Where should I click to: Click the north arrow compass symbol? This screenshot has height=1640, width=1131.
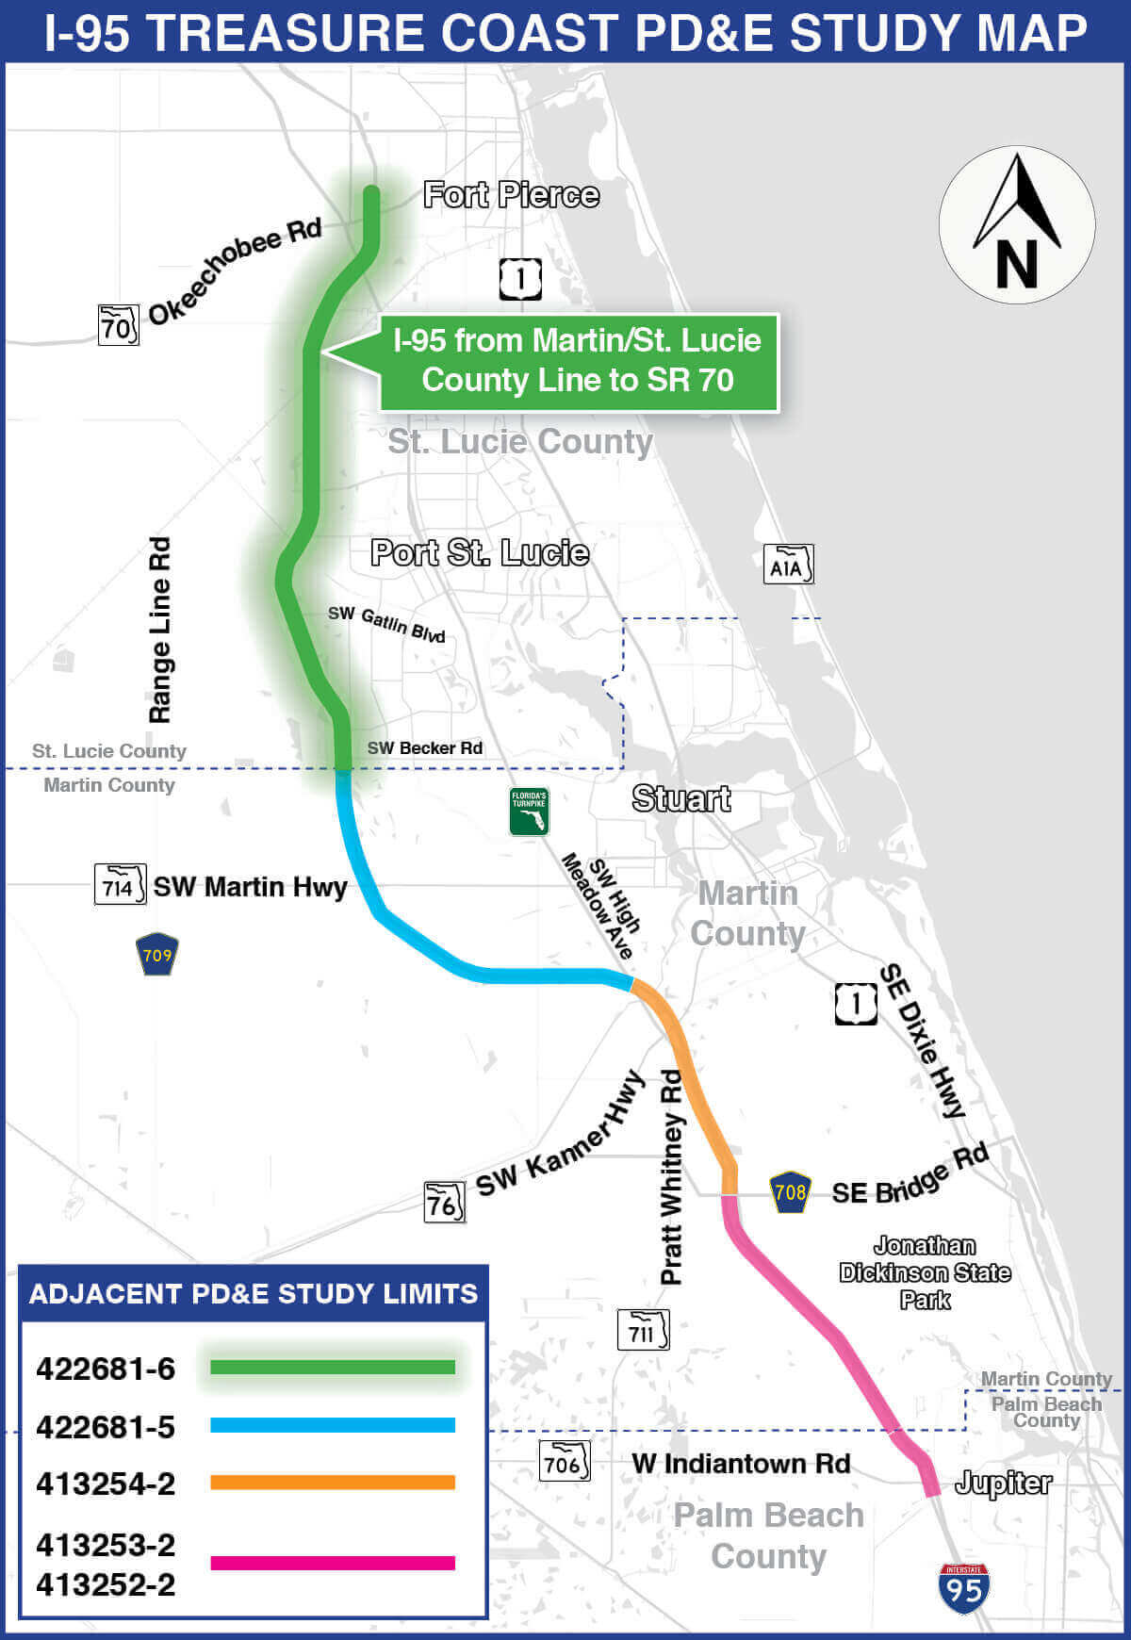(x=1016, y=224)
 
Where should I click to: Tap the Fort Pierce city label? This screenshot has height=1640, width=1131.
(x=511, y=195)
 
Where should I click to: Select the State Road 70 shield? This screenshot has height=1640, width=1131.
(x=119, y=325)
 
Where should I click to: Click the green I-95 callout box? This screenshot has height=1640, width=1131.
(x=578, y=362)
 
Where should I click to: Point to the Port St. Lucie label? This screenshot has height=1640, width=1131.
(x=480, y=552)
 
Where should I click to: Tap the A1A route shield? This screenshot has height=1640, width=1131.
(x=787, y=565)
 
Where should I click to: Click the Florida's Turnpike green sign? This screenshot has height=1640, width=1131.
(x=529, y=812)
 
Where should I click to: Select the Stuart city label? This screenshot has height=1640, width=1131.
(x=680, y=798)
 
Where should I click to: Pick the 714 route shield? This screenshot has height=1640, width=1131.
(x=120, y=885)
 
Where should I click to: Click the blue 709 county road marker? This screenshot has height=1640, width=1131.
(x=156, y=954)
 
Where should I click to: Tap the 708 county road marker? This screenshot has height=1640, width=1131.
(x=790, y=1192)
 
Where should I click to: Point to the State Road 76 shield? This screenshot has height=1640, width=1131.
(x=444, y=1203)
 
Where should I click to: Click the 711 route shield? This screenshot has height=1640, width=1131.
(x=643, y=1331)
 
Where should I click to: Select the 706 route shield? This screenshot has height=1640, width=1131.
(x=564, y=1462)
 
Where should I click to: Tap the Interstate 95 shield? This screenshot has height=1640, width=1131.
(x=963, y=1588)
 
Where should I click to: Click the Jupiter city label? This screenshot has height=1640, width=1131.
(x=1003, y=1484)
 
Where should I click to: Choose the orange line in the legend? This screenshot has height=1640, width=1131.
(x=332, y=1483)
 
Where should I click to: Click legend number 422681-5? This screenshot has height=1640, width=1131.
(x=106, y=1427)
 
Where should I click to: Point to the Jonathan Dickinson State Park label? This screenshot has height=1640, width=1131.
(x=925, y=1272)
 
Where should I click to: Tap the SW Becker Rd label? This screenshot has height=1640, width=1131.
(x=424, y=748)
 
